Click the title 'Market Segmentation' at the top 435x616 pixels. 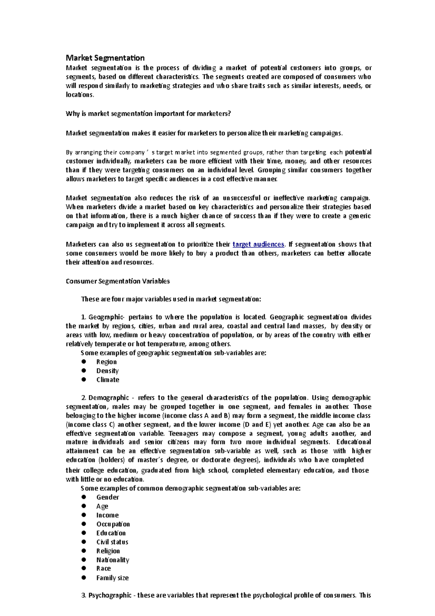(105, 58)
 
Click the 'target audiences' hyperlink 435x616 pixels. (258, 245)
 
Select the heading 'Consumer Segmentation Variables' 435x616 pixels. (118, 281)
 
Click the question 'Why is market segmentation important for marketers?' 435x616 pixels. (148, 114)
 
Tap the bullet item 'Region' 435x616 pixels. (107, 362)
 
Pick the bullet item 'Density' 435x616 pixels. (107, 371)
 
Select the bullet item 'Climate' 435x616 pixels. (108, 380)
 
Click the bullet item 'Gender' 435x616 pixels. (108, 497)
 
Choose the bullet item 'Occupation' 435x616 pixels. (113, 524)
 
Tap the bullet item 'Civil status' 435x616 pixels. (112, 542)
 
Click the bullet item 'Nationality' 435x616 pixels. (113, 560)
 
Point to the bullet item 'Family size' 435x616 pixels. (112, 578)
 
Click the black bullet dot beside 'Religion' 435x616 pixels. (84, 551)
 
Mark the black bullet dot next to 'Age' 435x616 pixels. (84, 506)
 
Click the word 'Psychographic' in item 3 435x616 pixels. (110, 595)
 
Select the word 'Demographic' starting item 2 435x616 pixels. (108, 398)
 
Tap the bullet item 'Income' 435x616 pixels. (107, 515)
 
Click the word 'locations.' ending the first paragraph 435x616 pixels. (80, 95)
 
